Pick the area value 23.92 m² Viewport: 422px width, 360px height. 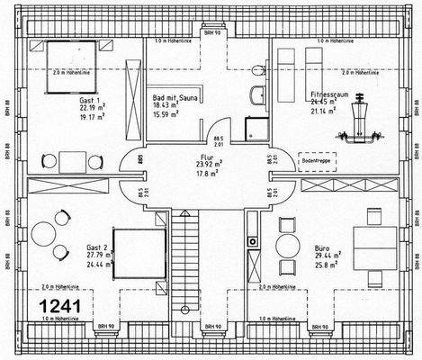click(211, 164)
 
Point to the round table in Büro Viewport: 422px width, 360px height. click(288, 245)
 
